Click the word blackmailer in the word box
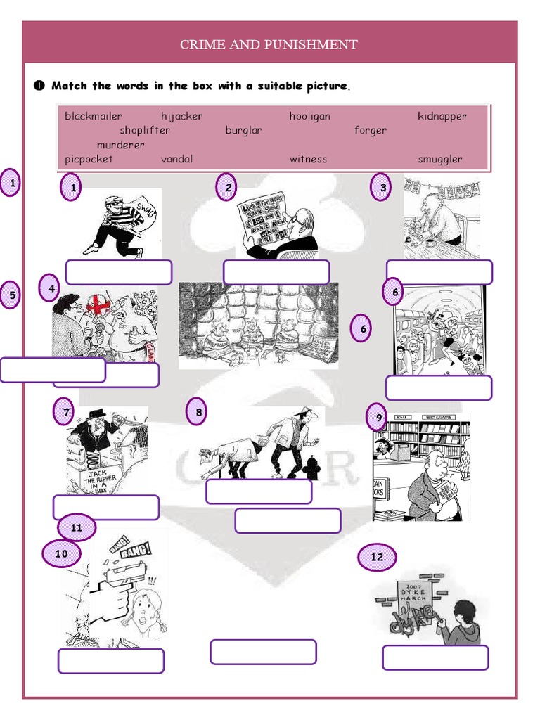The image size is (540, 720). (x=94, y=117)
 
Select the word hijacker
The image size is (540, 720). (x=181, y=117)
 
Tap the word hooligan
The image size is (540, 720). (x=309, y=117)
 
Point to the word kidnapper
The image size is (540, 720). (x=442, y=117)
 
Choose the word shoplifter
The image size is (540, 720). (x=145, y=131)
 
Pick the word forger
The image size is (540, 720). (x=370, y=131)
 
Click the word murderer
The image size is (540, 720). (x=121, y=145)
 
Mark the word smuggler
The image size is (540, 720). (x=440, y=159)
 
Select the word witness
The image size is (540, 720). (x=308, y=159)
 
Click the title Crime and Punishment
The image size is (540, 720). (x=269, y=45)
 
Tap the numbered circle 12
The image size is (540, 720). (x=378, y=558)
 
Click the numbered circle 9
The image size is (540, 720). (x=378, y=418)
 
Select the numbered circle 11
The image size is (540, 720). (x=77, y=527)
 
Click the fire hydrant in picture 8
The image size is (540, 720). (x=312, y=467)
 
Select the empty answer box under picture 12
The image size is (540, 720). (x=435, y=657)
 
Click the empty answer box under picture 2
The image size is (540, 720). (x=276, y=272)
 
